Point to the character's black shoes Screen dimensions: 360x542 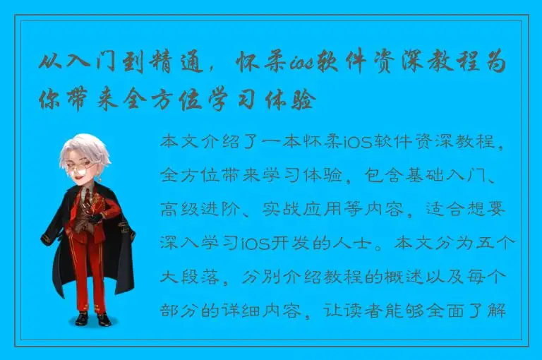92,319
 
